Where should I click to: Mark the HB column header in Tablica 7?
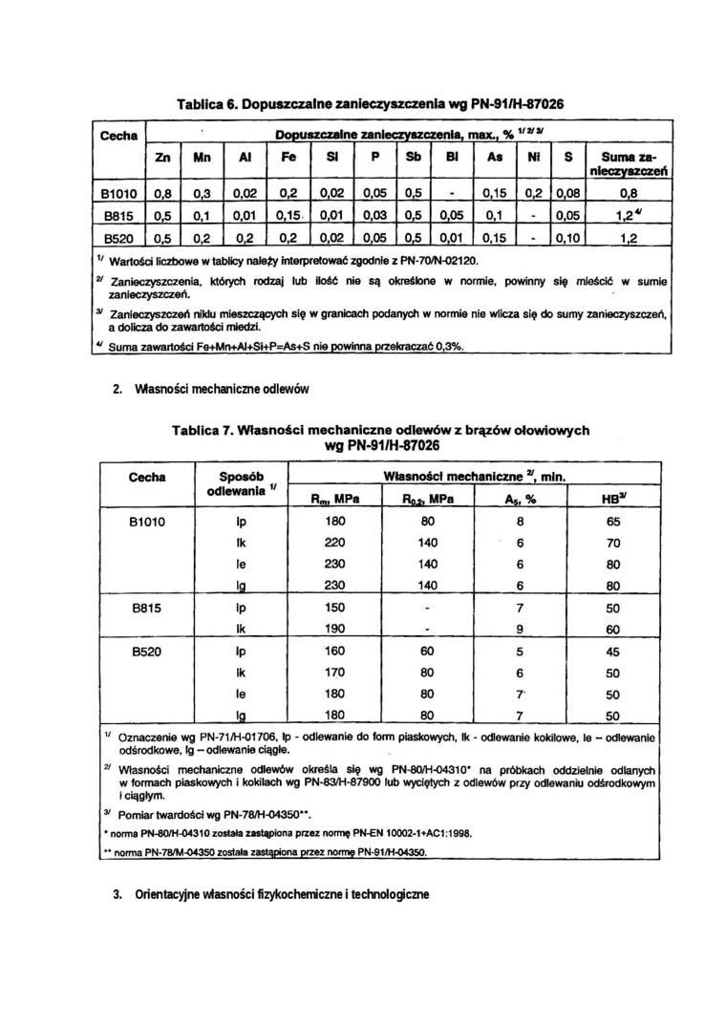pos(613,498)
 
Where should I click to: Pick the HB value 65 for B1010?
pos(613,523)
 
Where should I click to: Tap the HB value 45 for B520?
pos(613,653)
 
